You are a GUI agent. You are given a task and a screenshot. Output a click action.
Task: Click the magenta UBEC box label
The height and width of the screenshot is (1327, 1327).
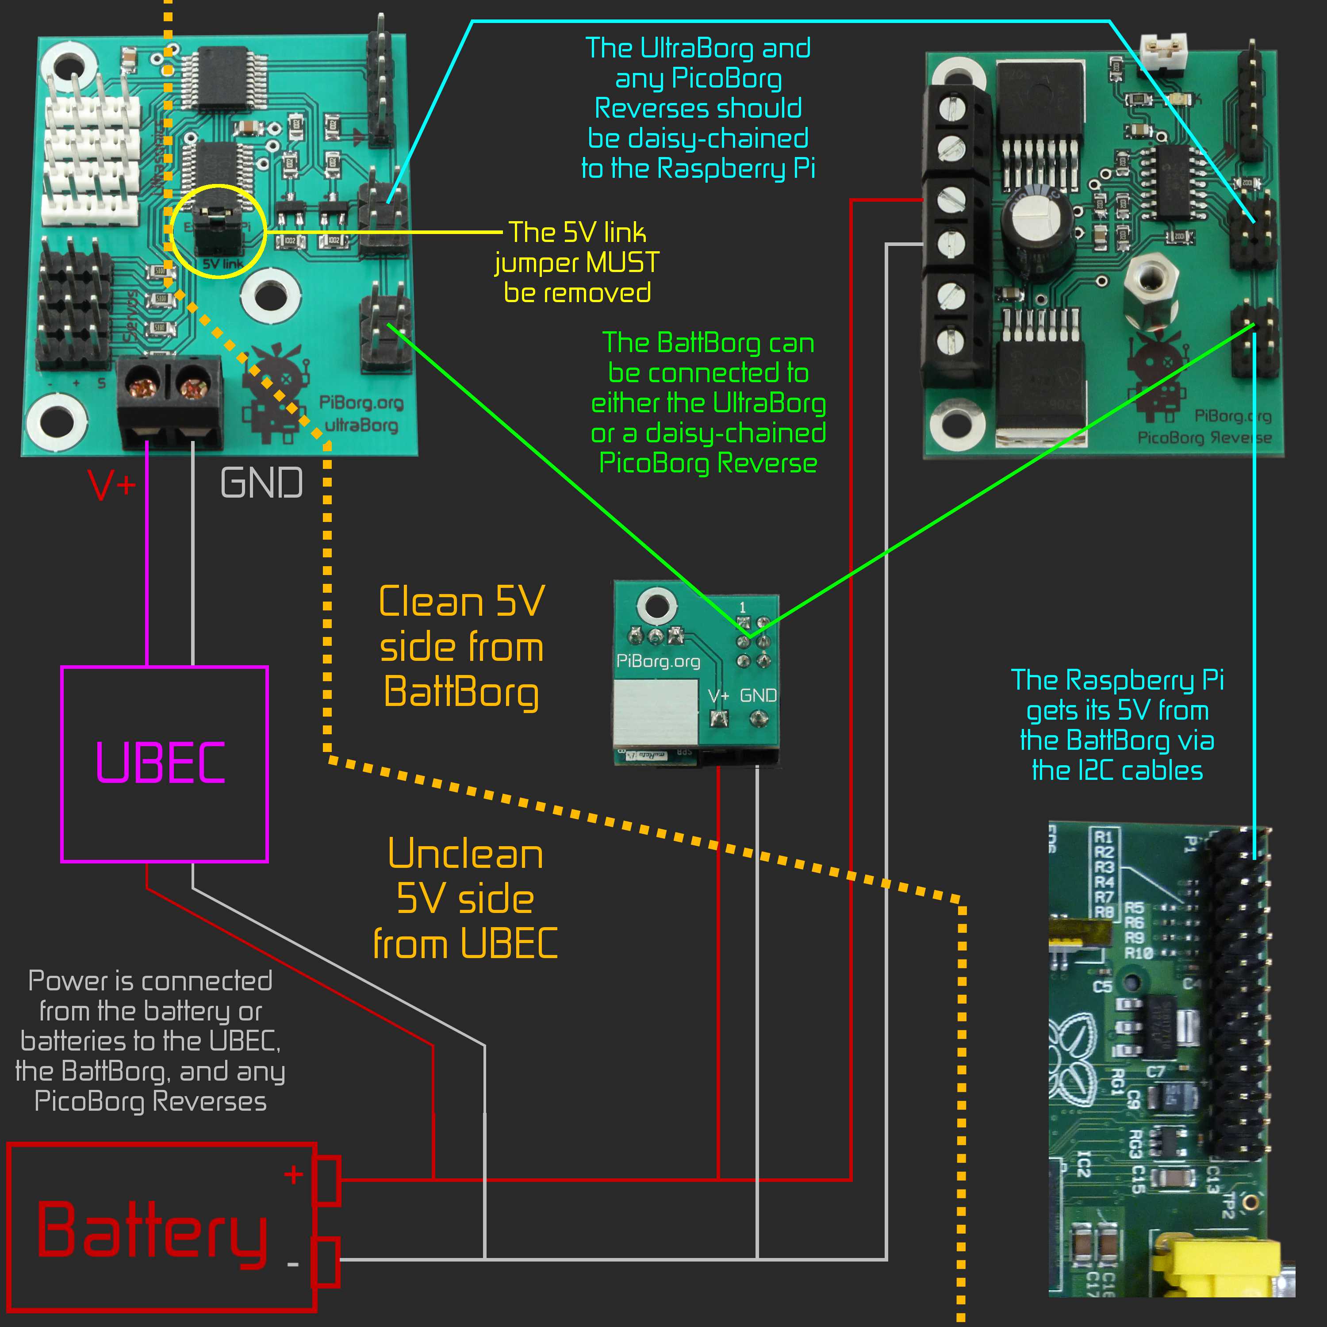[160, 763]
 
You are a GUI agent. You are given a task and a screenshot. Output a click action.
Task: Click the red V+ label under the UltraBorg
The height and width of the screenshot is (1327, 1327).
[112, 484]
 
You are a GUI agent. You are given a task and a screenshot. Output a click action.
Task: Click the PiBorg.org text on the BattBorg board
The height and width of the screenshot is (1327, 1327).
[658, 661]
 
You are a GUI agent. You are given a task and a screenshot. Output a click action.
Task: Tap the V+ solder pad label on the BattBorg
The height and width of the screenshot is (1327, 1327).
[718, 696]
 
